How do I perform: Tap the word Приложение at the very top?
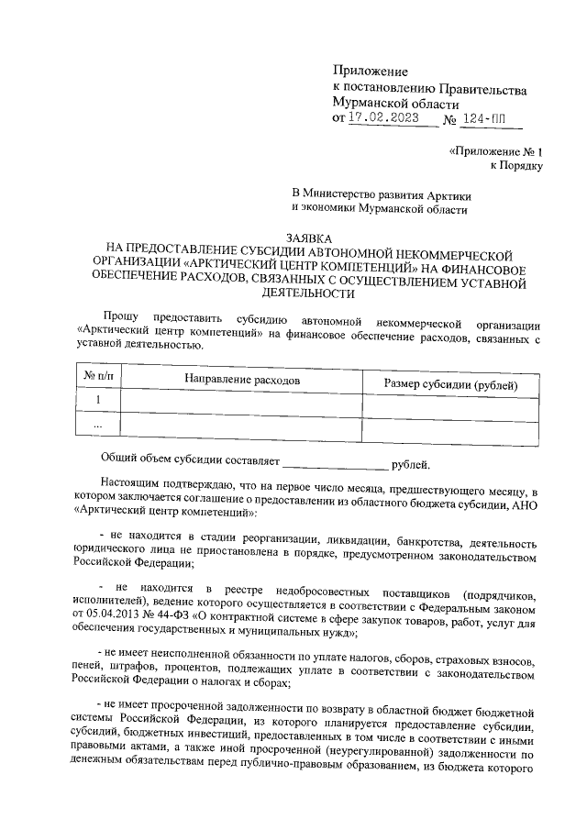click(x=370, y=71)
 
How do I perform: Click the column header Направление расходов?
click(x=243, y=379)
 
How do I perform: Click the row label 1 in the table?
click(x=98, y=401)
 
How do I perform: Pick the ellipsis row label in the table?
click(x=98, y=426)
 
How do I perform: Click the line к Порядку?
click(x=517, y=166)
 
